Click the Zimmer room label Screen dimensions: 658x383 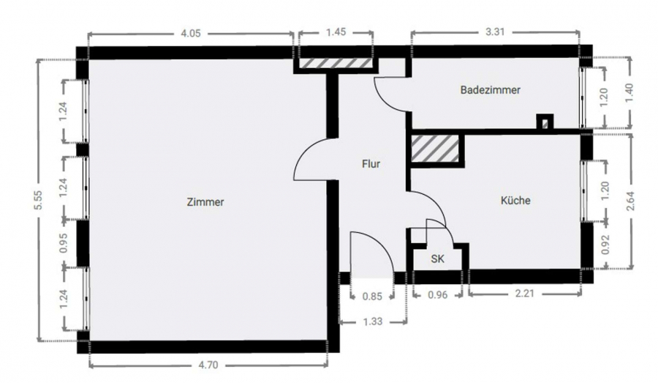(x=205, y=202)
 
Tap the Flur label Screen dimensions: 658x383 (x=371, y=163)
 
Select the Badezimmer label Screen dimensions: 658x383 (x=490, y=90)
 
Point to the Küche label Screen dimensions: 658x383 (x=515, y=201)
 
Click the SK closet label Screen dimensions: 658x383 (x=437, y=259)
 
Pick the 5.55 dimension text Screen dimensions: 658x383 (x=39, y=200)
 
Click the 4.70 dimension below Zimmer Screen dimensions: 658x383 (x=208, y=365)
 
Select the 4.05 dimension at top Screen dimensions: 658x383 (x=191, y=33)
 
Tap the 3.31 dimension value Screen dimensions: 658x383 (x=495, y=32)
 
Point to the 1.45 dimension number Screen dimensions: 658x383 (x=336, y=32)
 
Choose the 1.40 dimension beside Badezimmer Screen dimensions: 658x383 (x=629, y=93)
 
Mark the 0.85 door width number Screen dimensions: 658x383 (x=372, y=297)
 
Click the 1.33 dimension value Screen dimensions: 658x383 (x=373, y=321)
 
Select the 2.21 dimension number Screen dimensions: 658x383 (x=524, y=293)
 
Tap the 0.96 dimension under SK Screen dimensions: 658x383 (x=438, y=295)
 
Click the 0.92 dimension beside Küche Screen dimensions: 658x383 (x=605, y=245)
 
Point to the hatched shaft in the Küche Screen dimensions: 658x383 (x=435, y=149)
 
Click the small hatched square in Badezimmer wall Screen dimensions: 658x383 (x=545, y=124)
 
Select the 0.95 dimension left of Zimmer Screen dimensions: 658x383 (x=63, y=243)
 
